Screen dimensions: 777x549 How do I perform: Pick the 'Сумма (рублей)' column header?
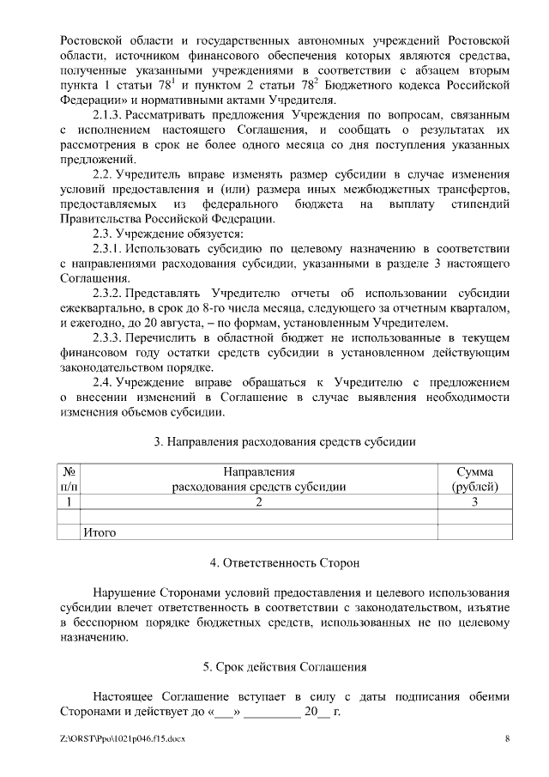pyautogui.click(x=474, y=479)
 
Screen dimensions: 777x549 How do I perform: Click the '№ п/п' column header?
pyautogui.click(x=69, y=479)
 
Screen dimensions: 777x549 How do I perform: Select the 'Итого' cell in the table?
pyautogui.click(x=100, y=532)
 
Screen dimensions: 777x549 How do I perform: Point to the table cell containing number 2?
pyautogui.click(x=258, y=501)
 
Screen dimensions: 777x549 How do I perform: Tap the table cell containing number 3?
pyautogui.click(x=474, y=501)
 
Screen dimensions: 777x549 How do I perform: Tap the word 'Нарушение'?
pyautogui.click(x=124, y=592)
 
